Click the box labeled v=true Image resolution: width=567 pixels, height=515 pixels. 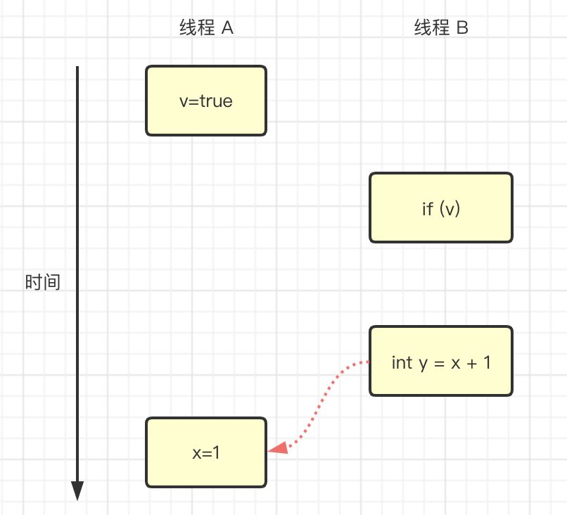pyautogui.click(x=206, y=101)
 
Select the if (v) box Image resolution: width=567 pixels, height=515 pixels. pyautogui.click(x=441, y=208)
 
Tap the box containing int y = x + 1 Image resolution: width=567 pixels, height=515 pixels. pyautogui.click(x=441, y=362)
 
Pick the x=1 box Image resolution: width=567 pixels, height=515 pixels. pyautogui.click(x=206, y=452)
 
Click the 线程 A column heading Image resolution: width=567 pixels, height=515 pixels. pyautogui.click(x=206, y=28)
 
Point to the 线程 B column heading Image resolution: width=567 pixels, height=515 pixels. pyautogui.click(x=441, y=28)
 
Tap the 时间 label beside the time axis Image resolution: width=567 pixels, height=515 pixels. pyautogui.click(x=42, y=283)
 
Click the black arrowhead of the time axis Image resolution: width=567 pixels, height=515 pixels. pyautogui.click(x=77, y=491)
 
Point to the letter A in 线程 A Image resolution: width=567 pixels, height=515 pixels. pyautogui.click(x=227, y=28)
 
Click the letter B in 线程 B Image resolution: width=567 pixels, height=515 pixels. pyautogui.click(x=462, y=28)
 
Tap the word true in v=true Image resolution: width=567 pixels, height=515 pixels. pyautogui.click(x=216, y=101)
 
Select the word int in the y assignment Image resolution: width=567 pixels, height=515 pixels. pyautogui.click(x=402, y=362)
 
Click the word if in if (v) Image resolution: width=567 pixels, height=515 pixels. pyautogui.click(x=427, y=209)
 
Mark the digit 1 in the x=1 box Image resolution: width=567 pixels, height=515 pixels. pyautogui.click(x=217, y=453)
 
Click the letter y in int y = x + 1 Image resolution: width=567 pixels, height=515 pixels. pyautogui.click(x=423, y=364)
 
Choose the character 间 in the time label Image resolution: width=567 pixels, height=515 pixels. pyautogui.click(x=51, y=283)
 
